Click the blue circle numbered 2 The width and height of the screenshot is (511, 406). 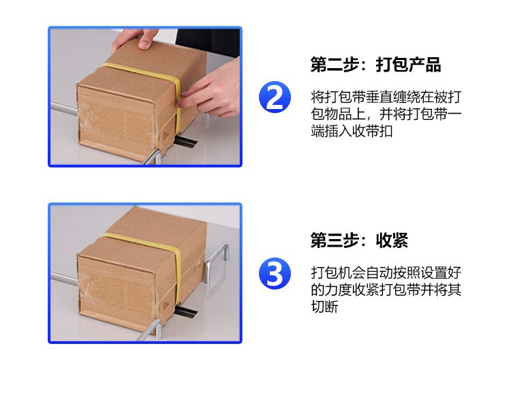pos(275,97)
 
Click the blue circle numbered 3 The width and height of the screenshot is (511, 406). pos(275,273)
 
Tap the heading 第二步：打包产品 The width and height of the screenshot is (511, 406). pos(375,64)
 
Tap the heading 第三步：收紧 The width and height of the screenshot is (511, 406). pos(359,240)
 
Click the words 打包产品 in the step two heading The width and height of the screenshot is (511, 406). pos(408,64)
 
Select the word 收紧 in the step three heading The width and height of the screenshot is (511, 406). pos(392,240)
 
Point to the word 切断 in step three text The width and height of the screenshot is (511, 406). pos(324,307)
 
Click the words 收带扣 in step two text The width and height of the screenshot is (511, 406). pos(372,131)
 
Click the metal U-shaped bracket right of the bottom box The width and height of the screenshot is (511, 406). pos(216,263)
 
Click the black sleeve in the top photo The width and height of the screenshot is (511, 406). pos(208,42)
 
